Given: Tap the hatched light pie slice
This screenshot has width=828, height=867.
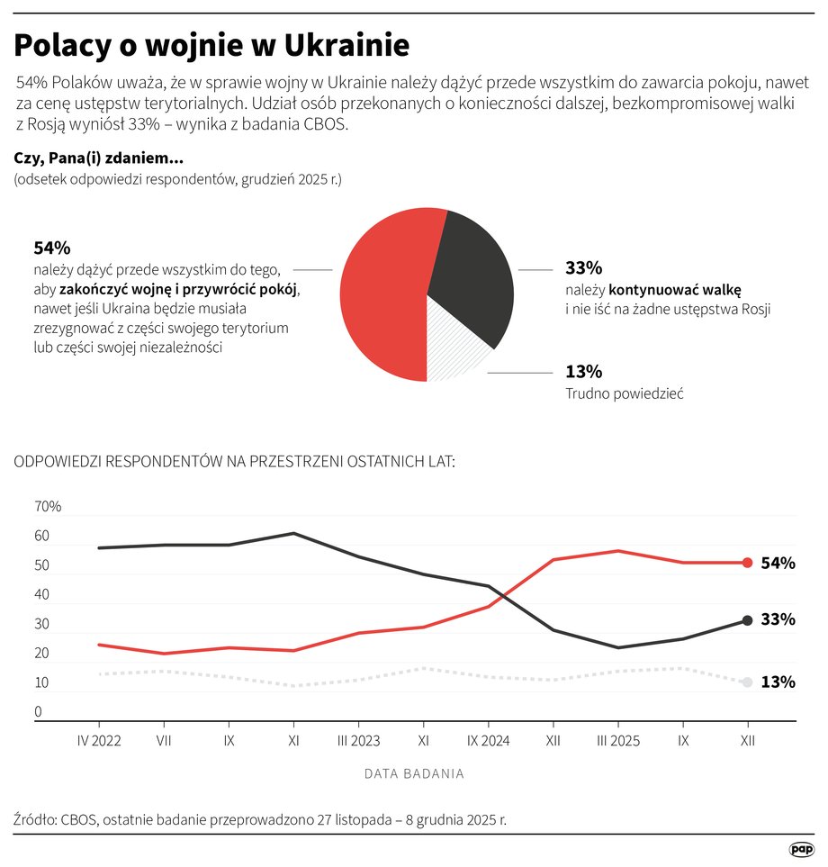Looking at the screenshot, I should tap(454, 347).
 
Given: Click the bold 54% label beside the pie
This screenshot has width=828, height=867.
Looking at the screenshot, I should tap(51, 248).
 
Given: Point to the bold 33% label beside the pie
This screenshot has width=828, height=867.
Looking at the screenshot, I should tap(583, 267).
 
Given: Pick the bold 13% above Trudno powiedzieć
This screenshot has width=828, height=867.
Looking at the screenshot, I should tap(583, 371).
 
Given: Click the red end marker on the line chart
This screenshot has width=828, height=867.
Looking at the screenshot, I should tap(747, 563).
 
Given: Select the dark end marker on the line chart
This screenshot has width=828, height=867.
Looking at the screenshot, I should tap(747, 620).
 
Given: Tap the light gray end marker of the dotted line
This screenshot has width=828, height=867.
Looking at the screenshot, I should tap(747, 683).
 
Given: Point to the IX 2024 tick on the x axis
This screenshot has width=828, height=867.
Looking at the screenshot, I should tap(488, 740).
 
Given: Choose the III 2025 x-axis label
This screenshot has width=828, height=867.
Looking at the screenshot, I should tap(617, 740).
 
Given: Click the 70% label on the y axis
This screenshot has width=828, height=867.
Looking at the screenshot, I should tap(48, 507).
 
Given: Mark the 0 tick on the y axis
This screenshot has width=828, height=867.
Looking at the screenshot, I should tap(39, 712).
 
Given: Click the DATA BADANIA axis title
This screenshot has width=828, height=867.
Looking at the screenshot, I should tap(414, 773).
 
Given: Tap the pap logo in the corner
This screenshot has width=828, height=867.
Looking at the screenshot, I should tap(800, 848).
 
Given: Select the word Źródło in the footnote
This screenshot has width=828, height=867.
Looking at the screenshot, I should tap(33, 820).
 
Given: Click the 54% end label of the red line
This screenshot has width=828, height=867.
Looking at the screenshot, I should tap(778, 564).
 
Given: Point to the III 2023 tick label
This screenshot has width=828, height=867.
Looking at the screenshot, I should tap(358, 740).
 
